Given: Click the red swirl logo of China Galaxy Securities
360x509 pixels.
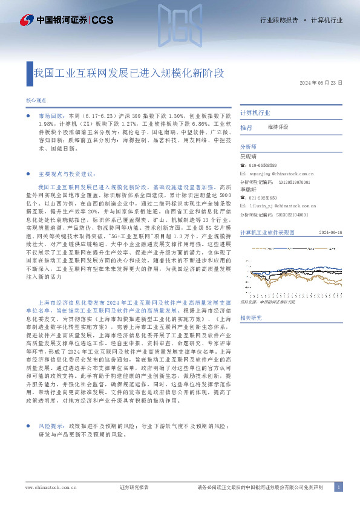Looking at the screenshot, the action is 26,20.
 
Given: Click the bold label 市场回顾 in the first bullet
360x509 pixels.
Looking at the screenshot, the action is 50,114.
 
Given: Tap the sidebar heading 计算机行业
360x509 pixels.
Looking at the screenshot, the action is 255,113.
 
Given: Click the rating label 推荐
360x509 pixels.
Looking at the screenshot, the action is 246,128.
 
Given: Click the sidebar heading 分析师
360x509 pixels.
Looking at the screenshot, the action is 249,147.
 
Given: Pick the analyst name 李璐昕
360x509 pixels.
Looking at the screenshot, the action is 249,189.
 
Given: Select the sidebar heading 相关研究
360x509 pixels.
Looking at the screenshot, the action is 251,318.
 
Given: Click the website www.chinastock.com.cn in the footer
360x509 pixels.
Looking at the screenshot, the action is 50,487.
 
